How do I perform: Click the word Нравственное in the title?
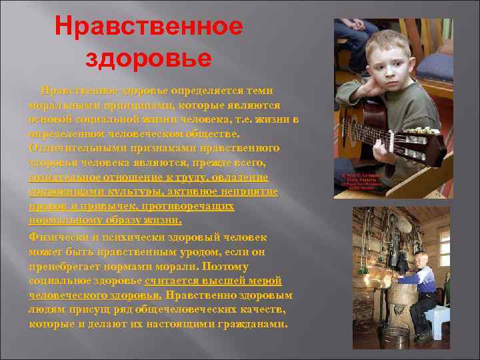(x=149, y=27)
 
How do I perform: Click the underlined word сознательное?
(x=66, y=177)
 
